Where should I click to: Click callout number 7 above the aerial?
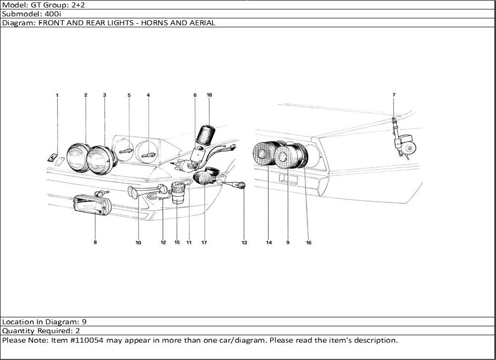[394, 95]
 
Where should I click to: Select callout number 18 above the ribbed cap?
[209, 95]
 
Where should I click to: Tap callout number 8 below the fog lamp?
[95, 242]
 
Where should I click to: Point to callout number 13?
[244, 242]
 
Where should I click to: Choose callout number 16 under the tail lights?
[309, 242]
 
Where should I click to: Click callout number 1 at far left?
[57, 95]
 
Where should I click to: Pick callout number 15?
[177, 242]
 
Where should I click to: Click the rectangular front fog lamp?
[92, 205]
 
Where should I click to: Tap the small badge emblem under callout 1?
[53, 157]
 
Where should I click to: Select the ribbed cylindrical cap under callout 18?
[206, 135]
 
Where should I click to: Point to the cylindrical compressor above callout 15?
[178, 193]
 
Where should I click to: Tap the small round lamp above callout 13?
[242, 185]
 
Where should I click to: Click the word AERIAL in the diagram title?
[202, 23]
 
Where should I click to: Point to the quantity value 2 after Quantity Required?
[77, 331]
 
